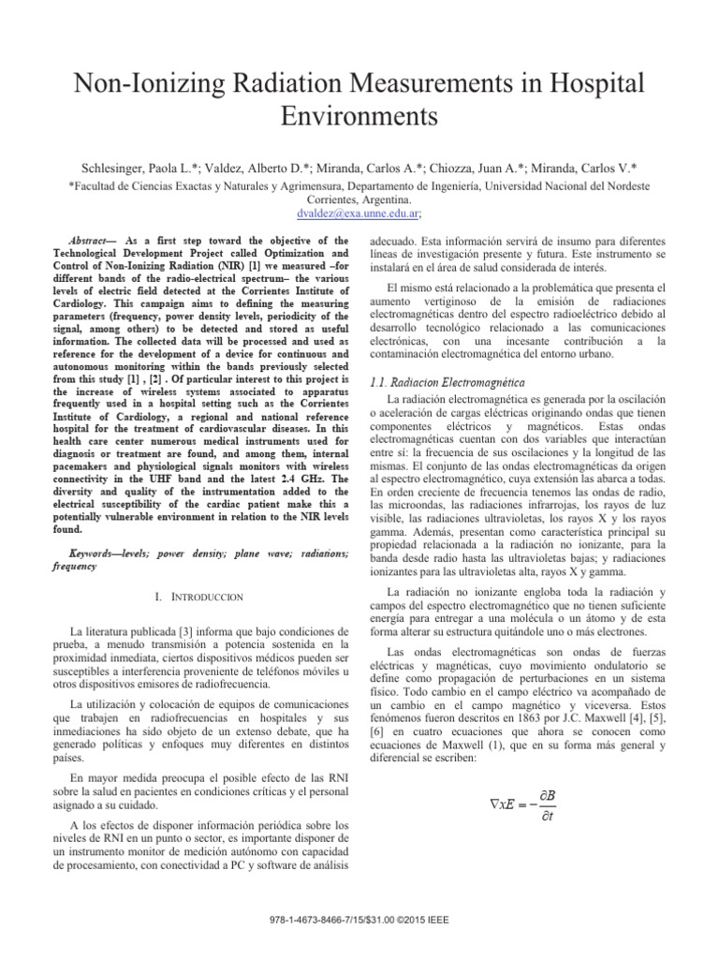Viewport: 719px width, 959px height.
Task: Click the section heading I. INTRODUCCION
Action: pyautogui.click(x=199, y=596)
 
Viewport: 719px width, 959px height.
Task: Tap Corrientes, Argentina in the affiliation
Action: pyautogui.click(x=359, y=199)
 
